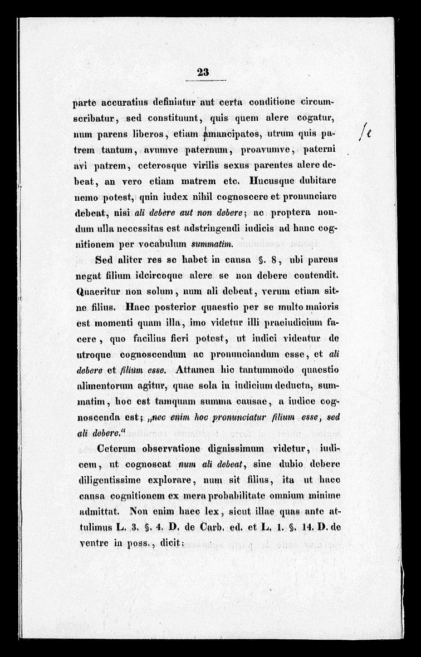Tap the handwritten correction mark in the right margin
point(366,134)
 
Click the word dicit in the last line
point(161,541)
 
